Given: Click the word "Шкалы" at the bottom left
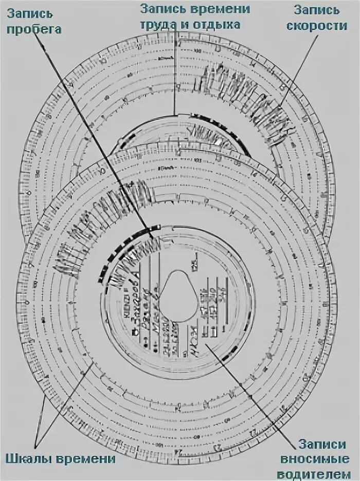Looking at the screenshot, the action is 29,458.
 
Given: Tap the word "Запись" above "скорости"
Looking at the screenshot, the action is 323,10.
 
